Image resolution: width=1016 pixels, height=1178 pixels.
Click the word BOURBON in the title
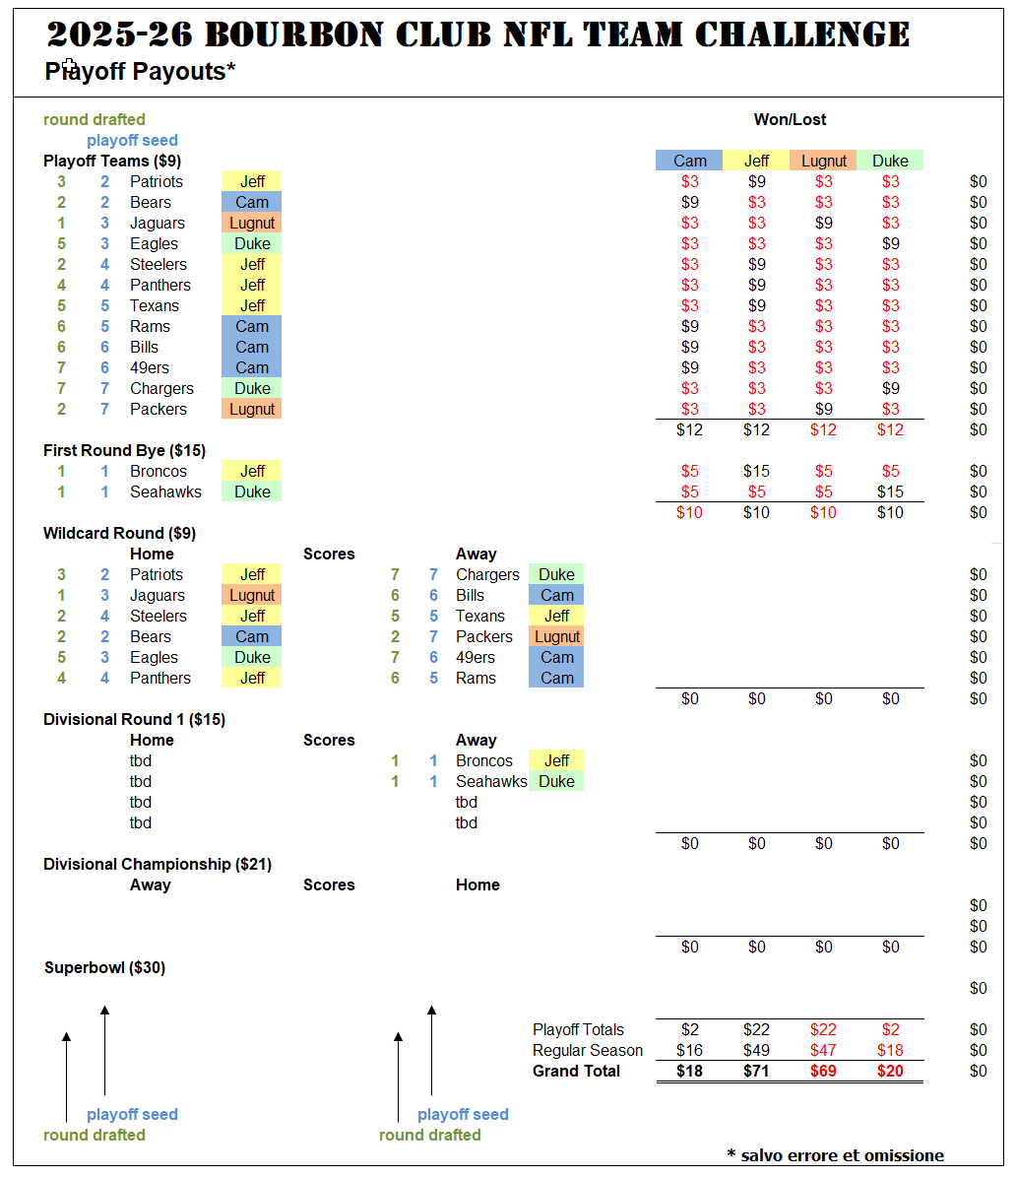[x=293, y=34]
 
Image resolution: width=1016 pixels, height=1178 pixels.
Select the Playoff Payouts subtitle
[x=141, y=71]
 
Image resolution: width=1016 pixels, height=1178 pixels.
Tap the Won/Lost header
[x=790, y=119]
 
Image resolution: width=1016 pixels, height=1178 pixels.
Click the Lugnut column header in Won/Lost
[x=824, y=161]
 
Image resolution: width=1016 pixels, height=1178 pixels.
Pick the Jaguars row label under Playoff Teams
[x=157, y=224]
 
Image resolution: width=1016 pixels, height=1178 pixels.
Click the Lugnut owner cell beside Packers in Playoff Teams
[x=252, y=410]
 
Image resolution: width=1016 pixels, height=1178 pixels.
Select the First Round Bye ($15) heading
[x=125, y=451]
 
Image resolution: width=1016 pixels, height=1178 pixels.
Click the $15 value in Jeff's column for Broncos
[x=756, y=471]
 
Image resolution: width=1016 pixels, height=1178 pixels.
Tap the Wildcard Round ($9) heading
[x=119, y=534]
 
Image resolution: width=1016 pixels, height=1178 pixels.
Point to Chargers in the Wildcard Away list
[x=487, y=575]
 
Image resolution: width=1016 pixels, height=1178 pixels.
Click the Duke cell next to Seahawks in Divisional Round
[x=556, y=781]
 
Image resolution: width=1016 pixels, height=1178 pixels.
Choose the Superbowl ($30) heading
[x=105, y=967]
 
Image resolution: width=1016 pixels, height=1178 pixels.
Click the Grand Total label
[x=576, y=1072]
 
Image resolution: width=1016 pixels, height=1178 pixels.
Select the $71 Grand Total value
[x=756, y=1072]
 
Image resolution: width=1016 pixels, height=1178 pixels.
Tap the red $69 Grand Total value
[x=823, y=1072]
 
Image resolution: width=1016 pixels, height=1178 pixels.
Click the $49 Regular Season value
[x=756, y=1050]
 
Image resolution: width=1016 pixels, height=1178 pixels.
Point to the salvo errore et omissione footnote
[x=836, y=1155]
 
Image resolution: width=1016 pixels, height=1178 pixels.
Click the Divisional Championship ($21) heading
[x=158, y=864]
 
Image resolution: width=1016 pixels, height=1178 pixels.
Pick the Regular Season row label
[x=587, y=1050]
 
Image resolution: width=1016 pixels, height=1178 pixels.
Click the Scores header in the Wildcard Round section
[x=329, y=554]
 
